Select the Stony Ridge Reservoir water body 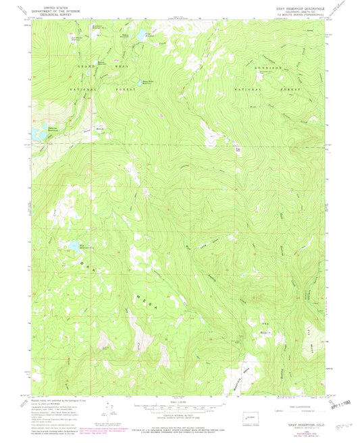click(145, 78)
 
